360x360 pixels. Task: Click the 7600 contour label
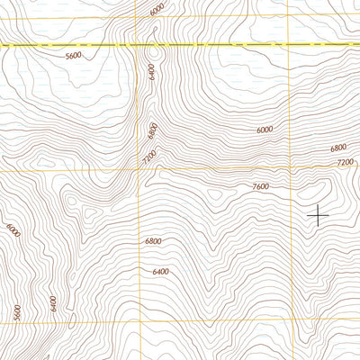[260, 186]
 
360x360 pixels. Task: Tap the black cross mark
[318, 214]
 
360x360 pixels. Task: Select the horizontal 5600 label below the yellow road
[74, 56]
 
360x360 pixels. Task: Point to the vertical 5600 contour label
[17, 312]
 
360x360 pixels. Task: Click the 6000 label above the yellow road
[158, 9]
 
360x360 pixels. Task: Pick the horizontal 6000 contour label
[264, 130]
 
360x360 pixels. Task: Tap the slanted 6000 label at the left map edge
[12, 230]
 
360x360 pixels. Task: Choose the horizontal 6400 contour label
[160, 271]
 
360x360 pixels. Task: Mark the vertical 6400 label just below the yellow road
[153, 71]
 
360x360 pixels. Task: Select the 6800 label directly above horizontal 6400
[153, 241]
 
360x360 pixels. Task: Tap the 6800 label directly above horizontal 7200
[338, 148]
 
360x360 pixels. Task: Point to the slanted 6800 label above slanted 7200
[153, 130]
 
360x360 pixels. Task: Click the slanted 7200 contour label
[149, 157]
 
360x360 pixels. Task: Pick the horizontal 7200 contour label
[345, 162]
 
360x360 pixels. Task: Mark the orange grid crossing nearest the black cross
[291, 167]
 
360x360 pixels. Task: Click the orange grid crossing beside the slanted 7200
[139, 169]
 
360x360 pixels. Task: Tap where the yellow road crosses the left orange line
[139, 44]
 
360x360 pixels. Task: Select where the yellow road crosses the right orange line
[288, 42]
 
